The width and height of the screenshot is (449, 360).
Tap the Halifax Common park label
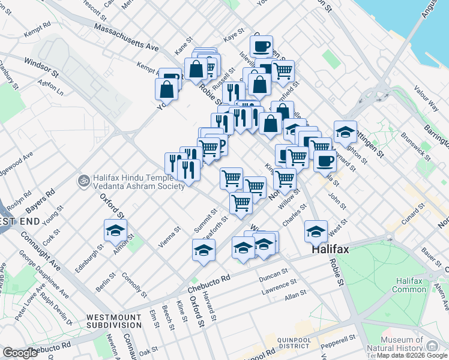pyautogui.click(x=409, y=286)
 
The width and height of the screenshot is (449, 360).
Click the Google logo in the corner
pyautogui.click(x=20, y=353)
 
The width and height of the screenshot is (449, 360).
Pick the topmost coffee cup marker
pyautogui.click(x=261, y=46)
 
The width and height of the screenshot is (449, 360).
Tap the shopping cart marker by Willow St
pyautogui.click(x=285, y=178)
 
